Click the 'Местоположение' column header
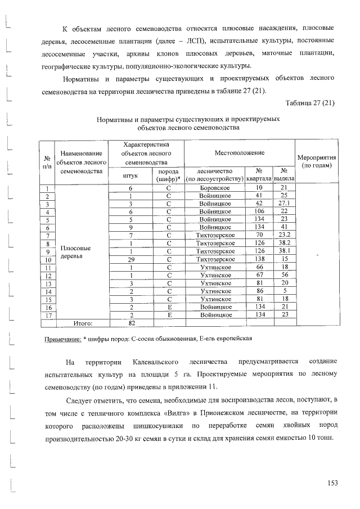[239, 153]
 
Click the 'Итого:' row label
[83, 323]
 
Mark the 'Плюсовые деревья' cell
[76, 252]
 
